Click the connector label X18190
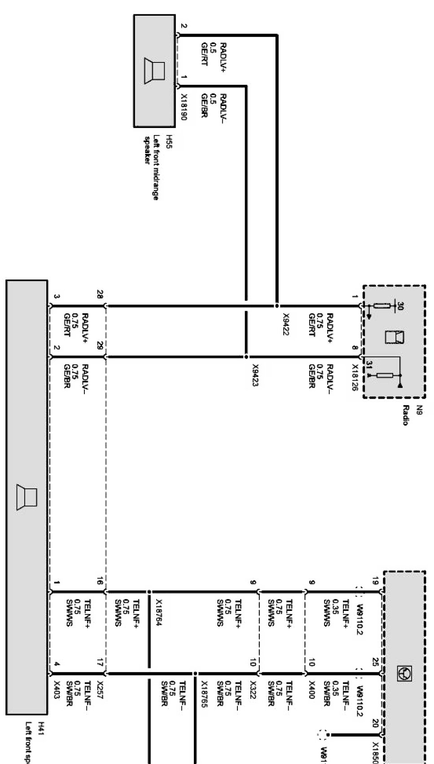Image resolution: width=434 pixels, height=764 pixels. point(184,107)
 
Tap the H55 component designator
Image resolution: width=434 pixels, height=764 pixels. point(170,140)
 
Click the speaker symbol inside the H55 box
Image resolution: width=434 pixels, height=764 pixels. point(154,70)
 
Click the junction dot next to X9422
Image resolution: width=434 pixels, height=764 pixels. point(276,305)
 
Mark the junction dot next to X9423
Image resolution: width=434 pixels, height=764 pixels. point(246,357)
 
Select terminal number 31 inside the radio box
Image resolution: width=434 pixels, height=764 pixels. point(369,366)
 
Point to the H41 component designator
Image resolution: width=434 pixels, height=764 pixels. point(41,725)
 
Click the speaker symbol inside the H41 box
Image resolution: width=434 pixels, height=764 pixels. point(26,497)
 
